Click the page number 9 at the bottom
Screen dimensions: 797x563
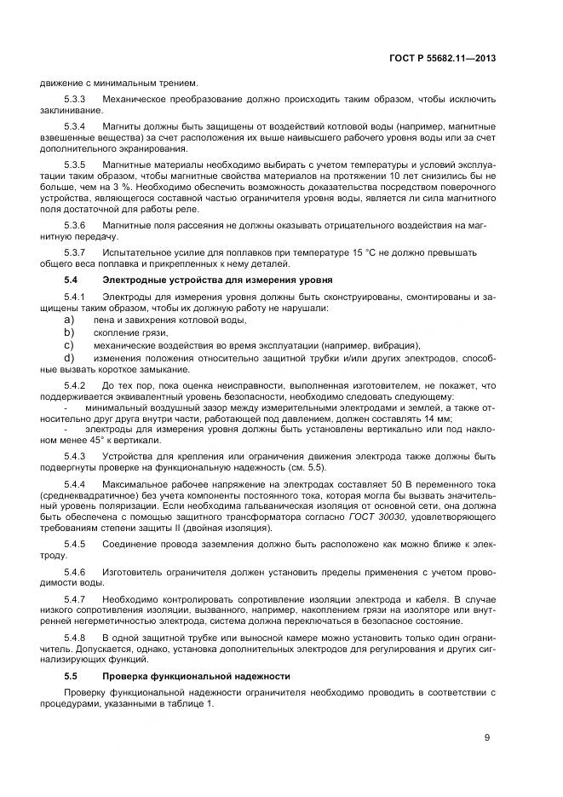point(487,738)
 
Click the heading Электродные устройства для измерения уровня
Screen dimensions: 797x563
point(217,280)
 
